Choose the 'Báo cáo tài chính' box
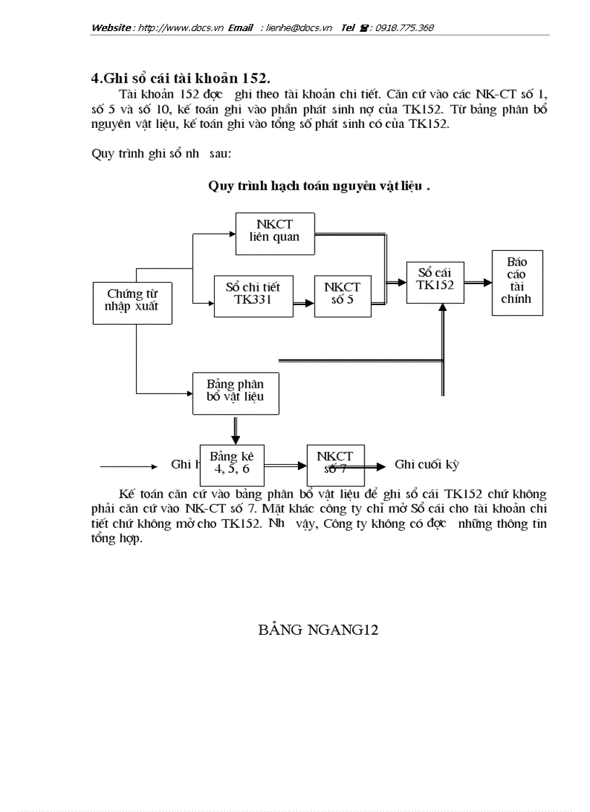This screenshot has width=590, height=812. coord(517,282)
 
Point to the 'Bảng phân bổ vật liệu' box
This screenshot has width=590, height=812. coord(235,393)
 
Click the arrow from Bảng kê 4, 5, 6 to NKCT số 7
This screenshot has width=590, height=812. coord(285,467)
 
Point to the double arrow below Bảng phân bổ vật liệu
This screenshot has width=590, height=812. coord(235,429)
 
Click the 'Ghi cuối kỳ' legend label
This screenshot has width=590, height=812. coord(427,465)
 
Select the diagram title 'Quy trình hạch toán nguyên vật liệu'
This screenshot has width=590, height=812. coord(319,186)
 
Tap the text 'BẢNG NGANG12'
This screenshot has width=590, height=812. coord(318,630)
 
